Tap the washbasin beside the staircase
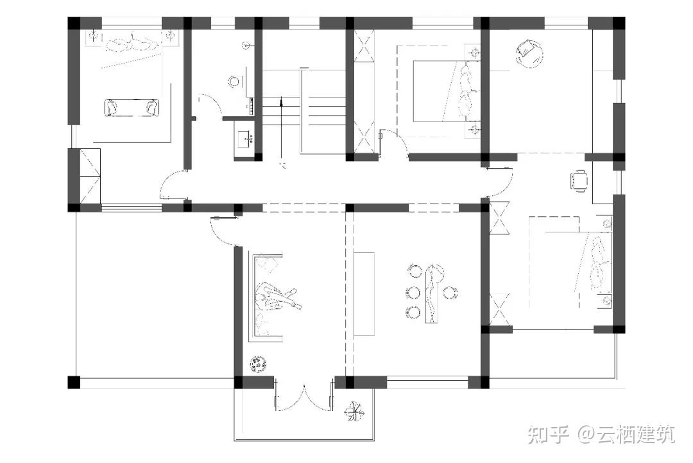click(244, 139)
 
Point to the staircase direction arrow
click(280, 128)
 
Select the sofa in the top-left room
click(132, 107)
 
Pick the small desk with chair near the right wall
click(579, 181)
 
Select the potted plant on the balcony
click(354, 411)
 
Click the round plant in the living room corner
click(257, 364)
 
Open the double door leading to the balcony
click(304, 397)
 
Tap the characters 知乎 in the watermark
click(549, 434)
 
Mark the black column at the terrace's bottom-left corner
click(74, 383)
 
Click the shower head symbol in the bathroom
click(247, 45)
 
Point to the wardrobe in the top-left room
click(90, 176)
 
